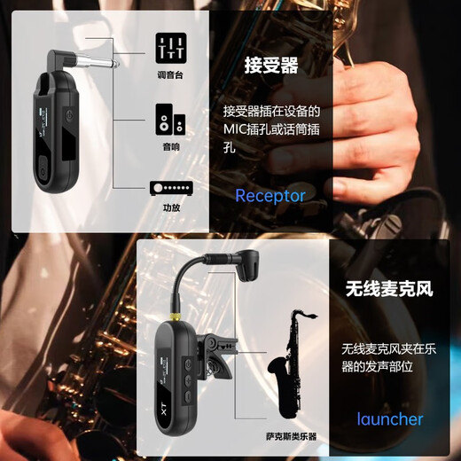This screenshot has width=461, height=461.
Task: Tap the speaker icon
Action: click(171, 119)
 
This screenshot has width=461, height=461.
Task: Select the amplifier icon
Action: click(171, 187)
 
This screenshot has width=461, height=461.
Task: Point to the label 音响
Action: click(171, 147)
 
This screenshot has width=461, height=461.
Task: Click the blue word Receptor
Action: click(270, 196)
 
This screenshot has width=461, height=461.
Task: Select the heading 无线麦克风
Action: click(385, 289)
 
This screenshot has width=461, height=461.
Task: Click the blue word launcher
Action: click(390, 418)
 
